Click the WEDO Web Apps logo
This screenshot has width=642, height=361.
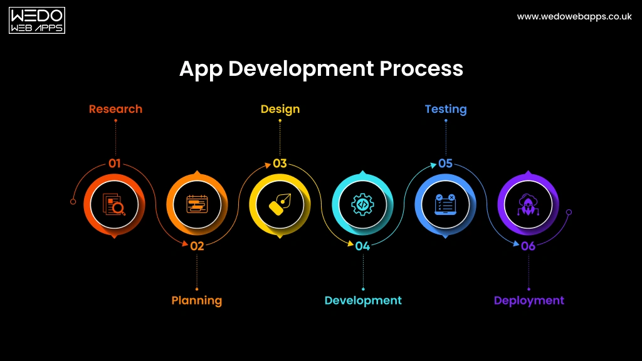(37, 21)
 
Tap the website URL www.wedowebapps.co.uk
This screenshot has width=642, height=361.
(574, 17)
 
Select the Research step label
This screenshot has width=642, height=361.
(115, 109)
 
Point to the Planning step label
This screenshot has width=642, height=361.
(197, 300)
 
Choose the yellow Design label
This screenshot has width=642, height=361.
(280, 109)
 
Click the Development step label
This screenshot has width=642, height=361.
(363, 300)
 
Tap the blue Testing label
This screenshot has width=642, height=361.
(446, 109)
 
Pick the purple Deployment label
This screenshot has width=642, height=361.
(529, 300)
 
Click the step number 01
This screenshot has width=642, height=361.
(114, 164)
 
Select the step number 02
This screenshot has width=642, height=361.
(197, 246)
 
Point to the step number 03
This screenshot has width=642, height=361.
(280, 164)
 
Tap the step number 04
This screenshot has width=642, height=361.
(362, 246)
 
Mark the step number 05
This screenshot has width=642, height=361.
(445, 164)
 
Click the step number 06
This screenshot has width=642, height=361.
(528, 246)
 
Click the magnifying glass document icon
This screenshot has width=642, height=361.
(114, 204)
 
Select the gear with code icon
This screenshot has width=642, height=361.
(362, 204)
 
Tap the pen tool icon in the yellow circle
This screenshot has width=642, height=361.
(280, 204)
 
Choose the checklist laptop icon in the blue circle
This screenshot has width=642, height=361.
(445, 204)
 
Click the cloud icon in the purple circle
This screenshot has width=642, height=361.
(528, 204)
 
